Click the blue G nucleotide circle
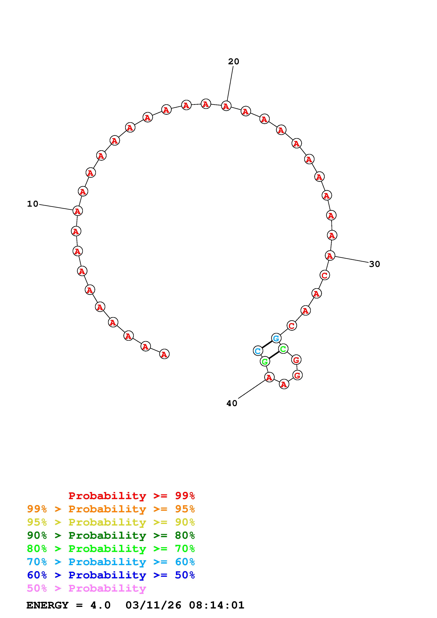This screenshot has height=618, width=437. [276, 338]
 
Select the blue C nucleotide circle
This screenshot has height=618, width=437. [258, 351]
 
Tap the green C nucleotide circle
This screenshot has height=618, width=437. [283, 349]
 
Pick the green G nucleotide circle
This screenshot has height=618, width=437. [265, 361]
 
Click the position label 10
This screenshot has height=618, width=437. [33, 204]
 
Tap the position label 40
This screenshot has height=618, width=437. [232, 403]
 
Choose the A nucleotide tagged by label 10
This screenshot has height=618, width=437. [78, 211]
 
